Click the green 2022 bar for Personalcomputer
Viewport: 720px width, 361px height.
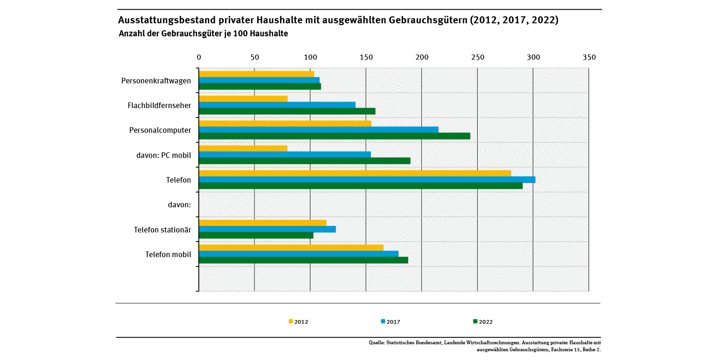334,136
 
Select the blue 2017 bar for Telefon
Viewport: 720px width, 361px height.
367,179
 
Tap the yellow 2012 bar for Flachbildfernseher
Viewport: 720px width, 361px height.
243,99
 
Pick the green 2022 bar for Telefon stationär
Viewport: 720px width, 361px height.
256,235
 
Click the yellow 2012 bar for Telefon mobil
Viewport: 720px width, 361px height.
291,248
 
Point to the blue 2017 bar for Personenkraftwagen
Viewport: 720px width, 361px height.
259,80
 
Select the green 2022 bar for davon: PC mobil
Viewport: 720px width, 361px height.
304,161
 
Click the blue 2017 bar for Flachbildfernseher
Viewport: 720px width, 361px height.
277,105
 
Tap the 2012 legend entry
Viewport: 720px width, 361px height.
298,321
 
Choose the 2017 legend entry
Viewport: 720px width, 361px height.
391,321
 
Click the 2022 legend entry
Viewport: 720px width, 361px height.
483,321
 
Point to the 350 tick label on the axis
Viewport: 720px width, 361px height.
589,57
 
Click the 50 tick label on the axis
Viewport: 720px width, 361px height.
254,57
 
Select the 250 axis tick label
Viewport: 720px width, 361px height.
478,57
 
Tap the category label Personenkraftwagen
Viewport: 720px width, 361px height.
156,81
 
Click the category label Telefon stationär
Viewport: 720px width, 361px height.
162,230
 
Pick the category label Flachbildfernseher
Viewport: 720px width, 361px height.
159,105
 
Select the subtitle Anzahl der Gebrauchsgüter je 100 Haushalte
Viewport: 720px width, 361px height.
203,34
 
